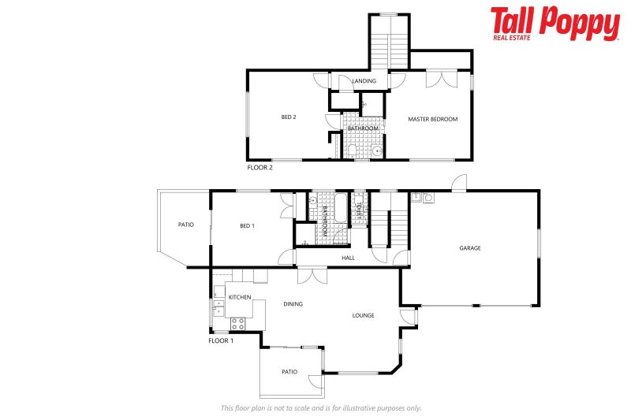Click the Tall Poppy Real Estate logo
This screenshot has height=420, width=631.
(x=554, y=24)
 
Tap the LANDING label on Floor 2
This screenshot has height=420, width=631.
(x=364, y=81)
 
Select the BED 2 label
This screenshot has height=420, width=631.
(x=289, y=117)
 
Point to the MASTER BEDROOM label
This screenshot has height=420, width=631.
(x=432, y=119)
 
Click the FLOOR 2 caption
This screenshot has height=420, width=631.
(x=259, y=167)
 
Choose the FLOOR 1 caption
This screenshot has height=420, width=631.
(x=221, y=340)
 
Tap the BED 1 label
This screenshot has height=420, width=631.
(x=247, y=226)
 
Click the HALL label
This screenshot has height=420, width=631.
(x=348, y=258)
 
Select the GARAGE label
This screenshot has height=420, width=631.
(x=470, y=248)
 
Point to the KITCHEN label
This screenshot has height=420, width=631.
(x=240, y=297)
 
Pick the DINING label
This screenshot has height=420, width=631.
(x=293, y=303)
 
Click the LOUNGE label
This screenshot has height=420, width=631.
(x=363, y=315)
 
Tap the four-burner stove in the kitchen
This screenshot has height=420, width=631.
(x=237, y=322)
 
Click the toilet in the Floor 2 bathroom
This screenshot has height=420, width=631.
(x=351, y=150)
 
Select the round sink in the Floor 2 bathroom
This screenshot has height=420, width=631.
(x=378, y=150)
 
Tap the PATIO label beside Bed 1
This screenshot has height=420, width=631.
(x=185, y=225)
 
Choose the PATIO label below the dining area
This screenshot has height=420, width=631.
(x=289, y=372)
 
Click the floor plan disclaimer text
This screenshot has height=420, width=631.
(x=320, y=408)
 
